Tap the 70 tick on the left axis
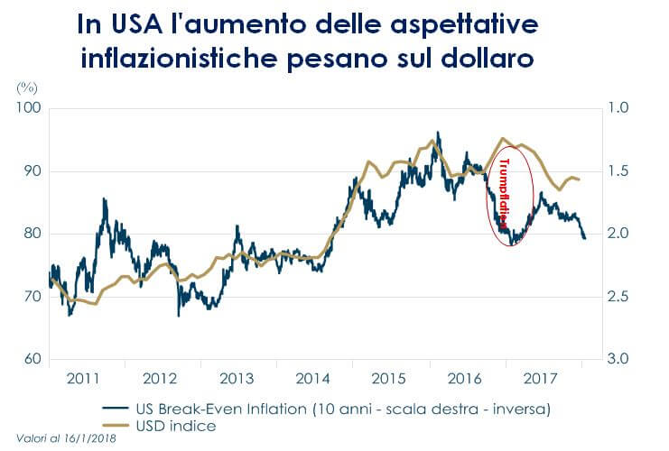[x=33, y=297]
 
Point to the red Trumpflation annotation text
[x=505, y=192]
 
